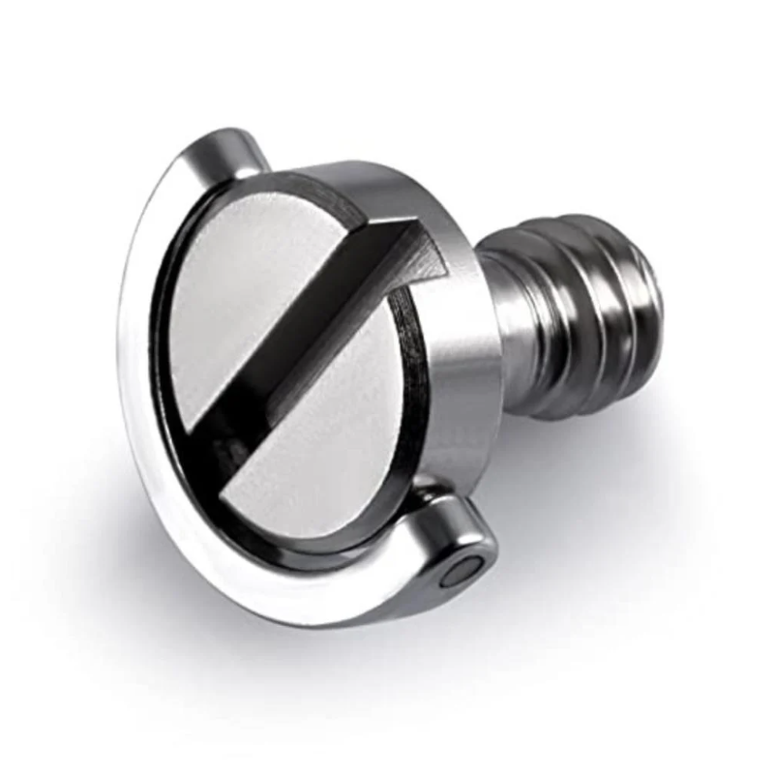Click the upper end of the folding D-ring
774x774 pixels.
pyautogui.click(x=227, y=155)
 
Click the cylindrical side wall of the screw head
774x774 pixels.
pyautogui.click(x=455, y=387)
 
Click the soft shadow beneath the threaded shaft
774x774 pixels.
pyautogui.click(x=600, y=435)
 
